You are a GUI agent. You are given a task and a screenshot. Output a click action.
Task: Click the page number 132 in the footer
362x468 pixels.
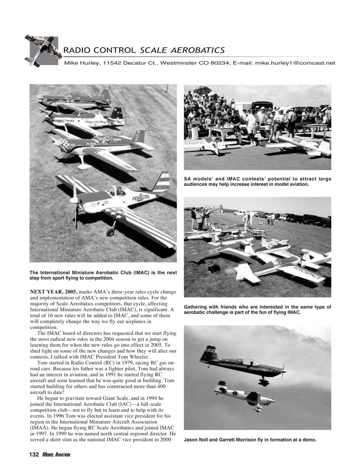[x=34, y=455]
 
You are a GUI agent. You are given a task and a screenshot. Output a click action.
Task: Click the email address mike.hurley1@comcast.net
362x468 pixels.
[x=295, y=63]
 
